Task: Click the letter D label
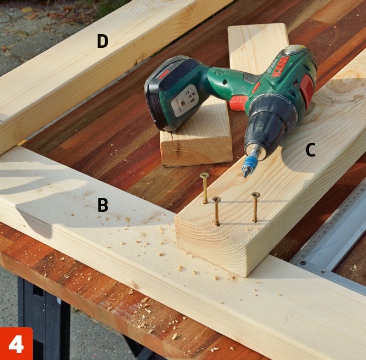(103, 41)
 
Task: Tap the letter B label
(103, 205)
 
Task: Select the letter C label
(311, 150)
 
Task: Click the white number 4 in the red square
(16, 344)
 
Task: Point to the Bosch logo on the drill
(281, 67)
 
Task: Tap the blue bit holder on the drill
(248, 163)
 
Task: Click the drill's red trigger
(238, 103)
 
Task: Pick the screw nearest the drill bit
(205, 188)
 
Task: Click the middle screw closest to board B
(217, 211)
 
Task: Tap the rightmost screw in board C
(255, 207)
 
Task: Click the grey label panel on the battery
(185, 101)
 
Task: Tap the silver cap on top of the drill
(295, 49)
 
